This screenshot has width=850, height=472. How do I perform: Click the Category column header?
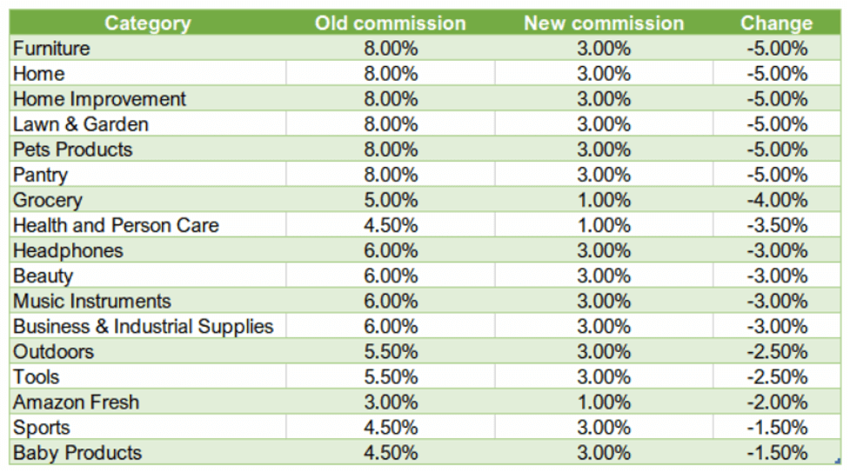pyautogui.click(x=148, y=23)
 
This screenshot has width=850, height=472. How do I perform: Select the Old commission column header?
pyautogui.click(x=390, y=23)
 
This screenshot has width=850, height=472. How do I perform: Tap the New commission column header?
pyautogui.click(x=603, y=23)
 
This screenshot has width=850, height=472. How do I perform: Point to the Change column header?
pyautogui.click(x=776, y=23)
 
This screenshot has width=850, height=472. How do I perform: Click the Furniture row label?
pyautogui.click(x=51, y=49)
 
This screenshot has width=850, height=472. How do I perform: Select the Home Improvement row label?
pyautogui.click(x=99, y=99)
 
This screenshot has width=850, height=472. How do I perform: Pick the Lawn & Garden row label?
pyautogui.click(x=81, y=124)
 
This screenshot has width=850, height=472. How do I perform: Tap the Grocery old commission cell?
pyautogui.click(x=390, y=200)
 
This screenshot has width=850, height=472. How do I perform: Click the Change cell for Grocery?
pyautogui.click(x=776, y=200)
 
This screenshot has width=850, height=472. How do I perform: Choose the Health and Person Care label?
pyautogui.click(x=116, y=225)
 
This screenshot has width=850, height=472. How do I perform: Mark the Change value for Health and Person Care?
pyautogui.click(x=776, y=225)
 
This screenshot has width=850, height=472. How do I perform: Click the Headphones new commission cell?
pyautogui.click(x=603, y=250)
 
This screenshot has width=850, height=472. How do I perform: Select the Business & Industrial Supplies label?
pyautogui.click(x=143, y=327)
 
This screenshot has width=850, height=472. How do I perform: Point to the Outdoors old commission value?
pyautogui.click(x=390, y=352)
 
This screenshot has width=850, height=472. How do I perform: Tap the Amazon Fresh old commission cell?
pyautogui.click(x=390, y=402)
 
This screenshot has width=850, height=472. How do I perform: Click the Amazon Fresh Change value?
pyautogui.click(x=776, y=402)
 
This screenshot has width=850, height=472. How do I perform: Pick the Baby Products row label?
pyautogui.click(x=77, y=453)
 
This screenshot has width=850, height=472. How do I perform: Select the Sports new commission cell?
pyautogui.click(x=603, y=428)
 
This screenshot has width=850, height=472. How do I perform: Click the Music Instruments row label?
pyautogui.click(x=92, y=302)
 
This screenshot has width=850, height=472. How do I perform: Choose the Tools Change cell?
pyautogui.click(x=776, y=377)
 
